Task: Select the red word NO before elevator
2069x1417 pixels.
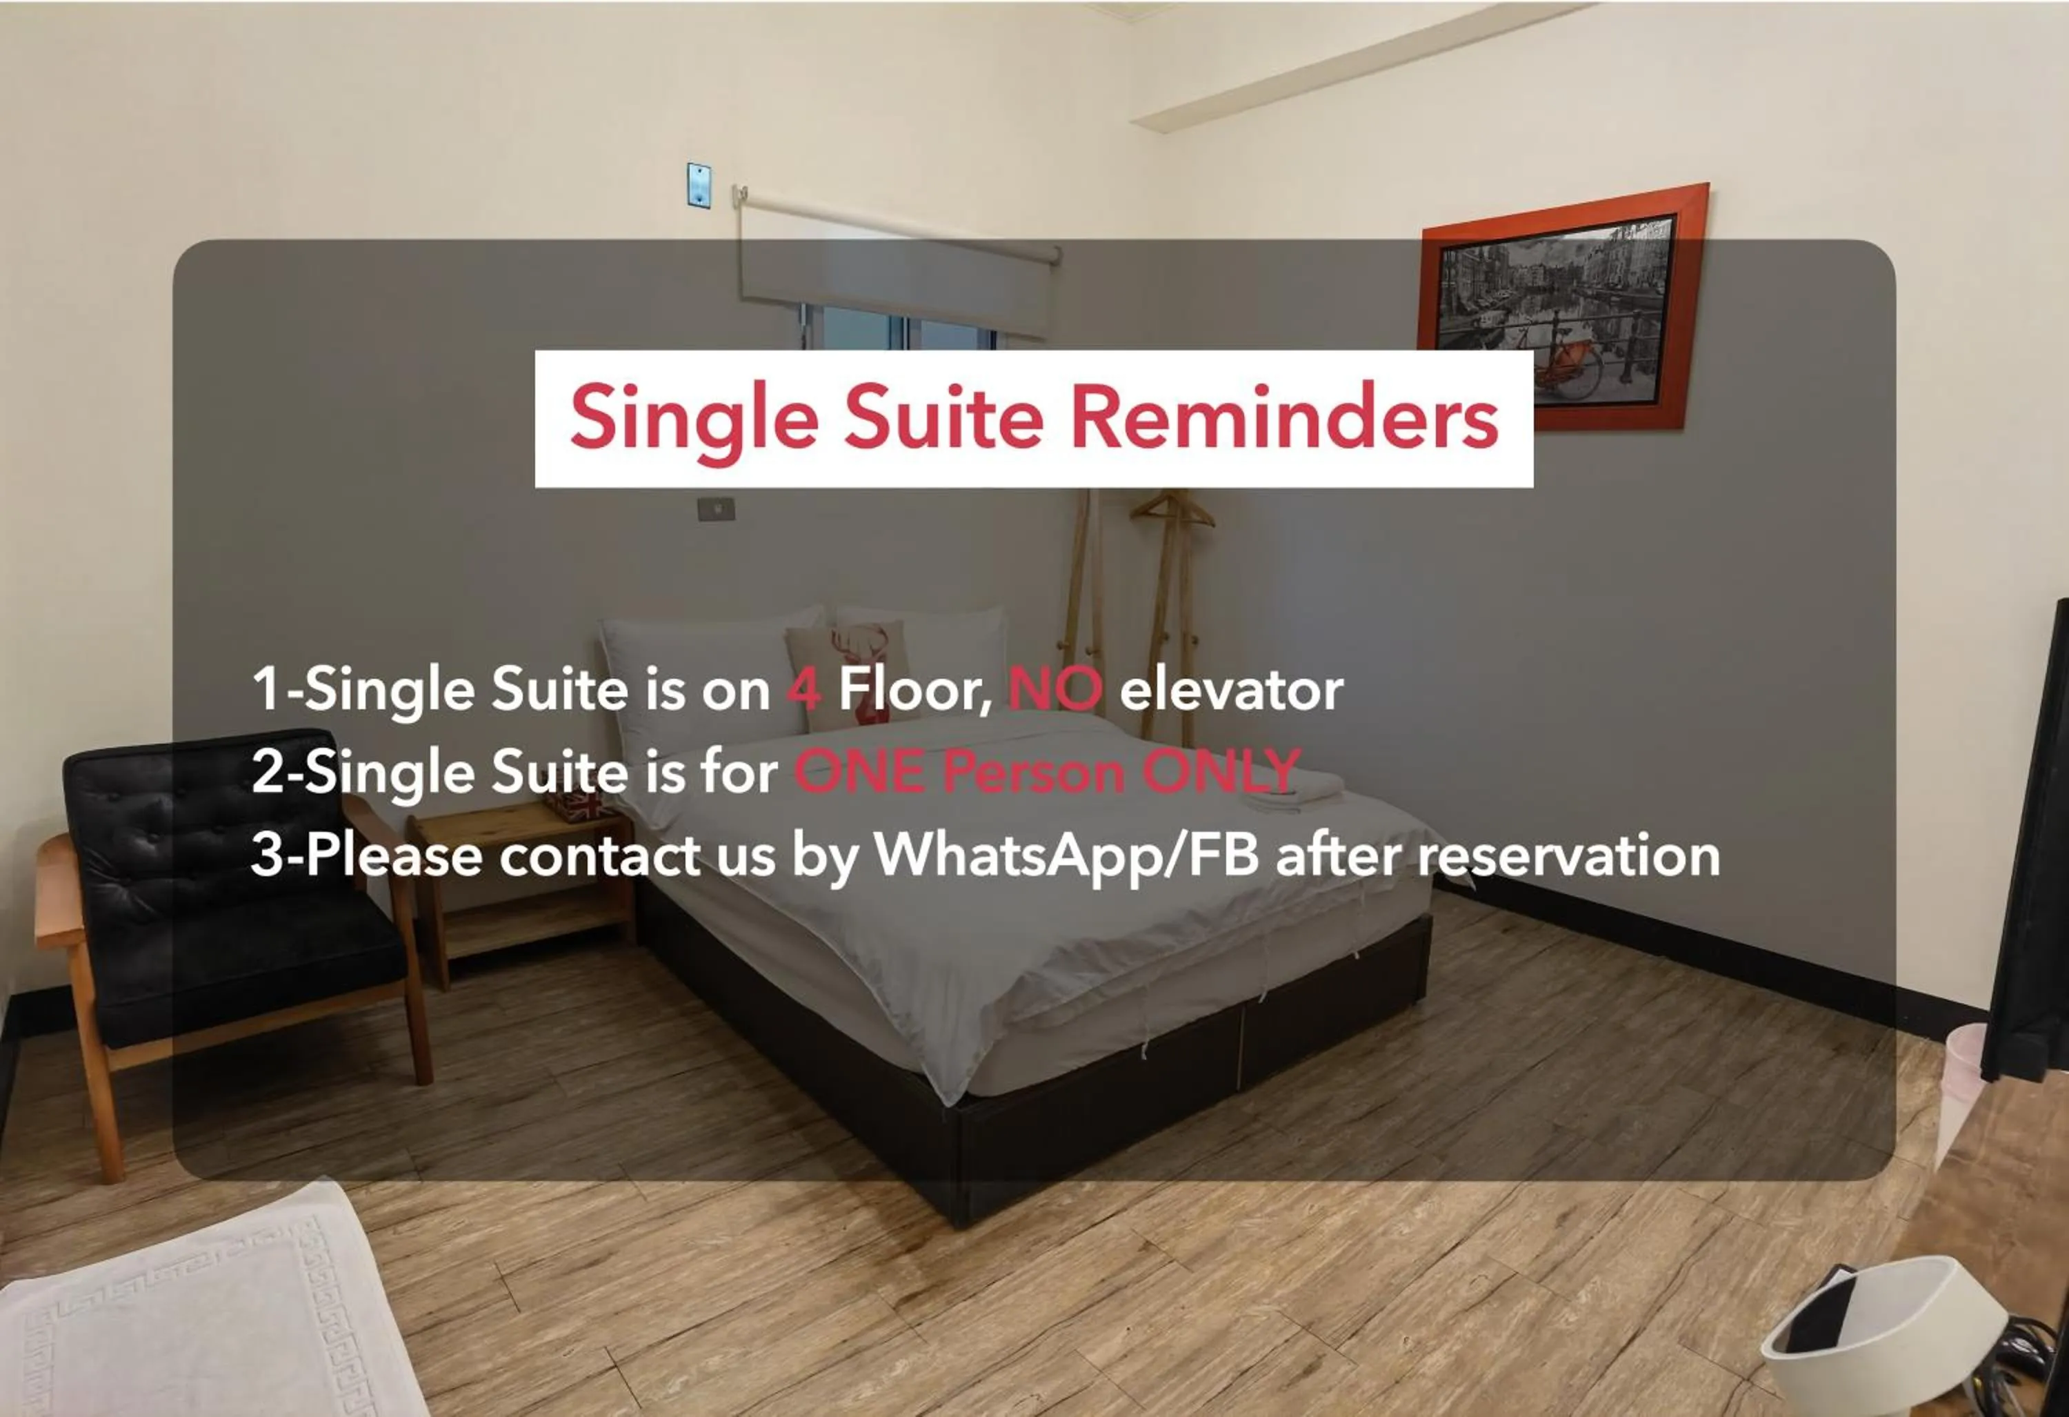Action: pos(1055,689)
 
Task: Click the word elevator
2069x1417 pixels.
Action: pos(1231,689)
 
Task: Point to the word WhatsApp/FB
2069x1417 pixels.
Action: pos(1066,855)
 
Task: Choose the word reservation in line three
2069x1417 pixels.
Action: pos(1569,855)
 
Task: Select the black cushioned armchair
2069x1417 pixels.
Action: pos(223,900)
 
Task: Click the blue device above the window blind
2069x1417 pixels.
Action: pos(699,184)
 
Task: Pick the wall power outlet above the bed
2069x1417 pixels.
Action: pos(716,508)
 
